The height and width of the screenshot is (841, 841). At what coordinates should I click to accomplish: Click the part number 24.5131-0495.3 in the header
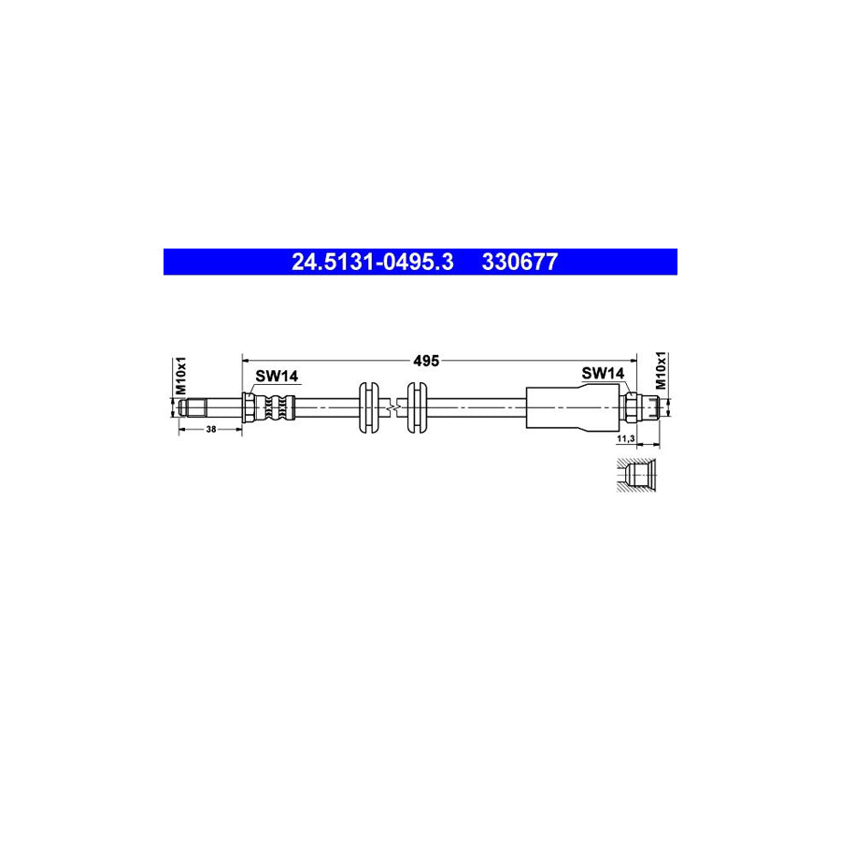click(x=372, y=263)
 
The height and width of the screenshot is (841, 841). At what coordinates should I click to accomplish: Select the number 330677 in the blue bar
click(x=520, y=263)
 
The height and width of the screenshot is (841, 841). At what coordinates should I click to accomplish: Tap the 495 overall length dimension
click(x=427, y=359)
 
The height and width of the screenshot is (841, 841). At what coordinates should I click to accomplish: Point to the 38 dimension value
click(x=210, y=429)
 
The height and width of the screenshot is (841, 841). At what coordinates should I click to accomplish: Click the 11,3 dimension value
click(x=626, y=437)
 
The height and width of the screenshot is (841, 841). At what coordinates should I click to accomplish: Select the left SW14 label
click(x=277, y=376)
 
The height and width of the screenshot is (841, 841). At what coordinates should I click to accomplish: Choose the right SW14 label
click(x=602, y=373)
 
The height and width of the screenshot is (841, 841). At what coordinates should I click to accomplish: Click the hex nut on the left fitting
click(x=249, y=407)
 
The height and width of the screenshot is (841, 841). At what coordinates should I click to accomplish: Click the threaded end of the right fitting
click(x=652, y=406)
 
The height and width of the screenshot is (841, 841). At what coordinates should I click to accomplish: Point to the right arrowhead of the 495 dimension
click(x=633, y=358)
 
